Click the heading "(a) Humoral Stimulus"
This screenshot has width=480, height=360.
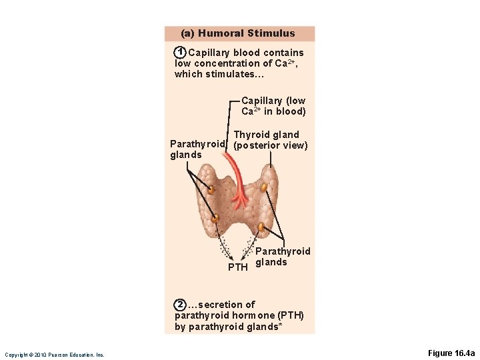[238, 33]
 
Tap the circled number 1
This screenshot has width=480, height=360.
[179, 53]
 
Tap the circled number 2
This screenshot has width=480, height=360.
[180, 305]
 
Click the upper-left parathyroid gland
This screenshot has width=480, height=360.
[211, 189]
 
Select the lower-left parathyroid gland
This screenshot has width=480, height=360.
[215, 218]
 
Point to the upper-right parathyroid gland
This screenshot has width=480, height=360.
[264, 187]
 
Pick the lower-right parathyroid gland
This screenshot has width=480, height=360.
[261, 227]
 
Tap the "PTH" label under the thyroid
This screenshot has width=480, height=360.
[238, 267]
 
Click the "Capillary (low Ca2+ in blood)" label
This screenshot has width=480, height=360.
[273, 106]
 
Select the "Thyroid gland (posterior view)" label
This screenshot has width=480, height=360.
[271, 140]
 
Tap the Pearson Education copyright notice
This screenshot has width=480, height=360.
[54, 355]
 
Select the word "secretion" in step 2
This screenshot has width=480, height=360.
[221, 305]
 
